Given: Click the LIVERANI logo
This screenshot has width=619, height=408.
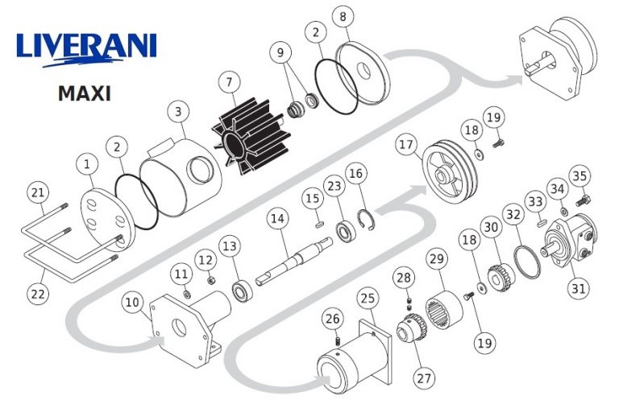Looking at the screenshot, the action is click(x=86, y=49).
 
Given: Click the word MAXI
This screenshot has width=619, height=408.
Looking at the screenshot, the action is click(x=84, y=94).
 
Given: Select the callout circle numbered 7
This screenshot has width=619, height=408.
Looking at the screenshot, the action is click(x=230, y=82).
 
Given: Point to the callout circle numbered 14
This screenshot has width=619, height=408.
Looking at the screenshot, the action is click(x=277, y=218).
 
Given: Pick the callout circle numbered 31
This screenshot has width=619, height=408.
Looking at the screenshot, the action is click(x=579, y=289).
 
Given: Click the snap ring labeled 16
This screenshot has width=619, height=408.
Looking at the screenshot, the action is click(x=368, y=220).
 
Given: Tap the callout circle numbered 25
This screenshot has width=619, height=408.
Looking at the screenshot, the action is click(x=368, y=299).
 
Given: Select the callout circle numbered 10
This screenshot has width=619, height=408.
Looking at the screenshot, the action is click(x=132, y=303).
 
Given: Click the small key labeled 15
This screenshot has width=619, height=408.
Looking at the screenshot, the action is click(x=320, y=225).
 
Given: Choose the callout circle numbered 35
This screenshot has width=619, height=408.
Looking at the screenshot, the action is click(x=580, y=175).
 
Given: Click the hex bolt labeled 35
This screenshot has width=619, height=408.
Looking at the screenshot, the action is click(x=583, y=200).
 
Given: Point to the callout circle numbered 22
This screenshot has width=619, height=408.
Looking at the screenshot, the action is click(x=38, y=294).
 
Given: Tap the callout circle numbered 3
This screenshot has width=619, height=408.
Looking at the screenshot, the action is click(x=178, y=112).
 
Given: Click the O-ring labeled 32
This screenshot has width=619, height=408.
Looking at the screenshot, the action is click(x=527, y=262).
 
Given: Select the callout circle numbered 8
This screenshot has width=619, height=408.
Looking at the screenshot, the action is click(x=343, y=17).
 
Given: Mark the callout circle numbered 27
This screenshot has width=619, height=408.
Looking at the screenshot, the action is click(x=424, y=378).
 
